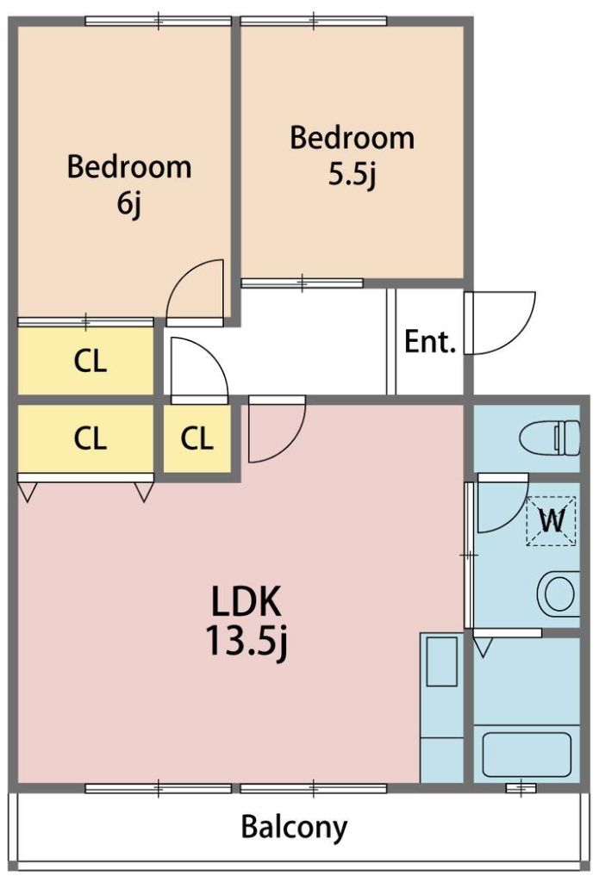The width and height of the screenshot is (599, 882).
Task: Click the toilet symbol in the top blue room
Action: (550, 438)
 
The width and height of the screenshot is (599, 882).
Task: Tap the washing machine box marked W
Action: (551, 521)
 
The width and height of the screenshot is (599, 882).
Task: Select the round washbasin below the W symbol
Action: (558, 593)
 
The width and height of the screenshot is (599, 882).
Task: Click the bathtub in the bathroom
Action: (527, 755)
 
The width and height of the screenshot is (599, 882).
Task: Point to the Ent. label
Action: (430, 341)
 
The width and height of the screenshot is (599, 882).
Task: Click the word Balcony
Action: (294, 828)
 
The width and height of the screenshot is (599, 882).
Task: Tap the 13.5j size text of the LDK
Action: (246, 641)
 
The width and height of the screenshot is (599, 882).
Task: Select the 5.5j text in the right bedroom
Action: (353, 174)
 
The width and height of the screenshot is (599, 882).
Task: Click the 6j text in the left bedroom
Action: (129, 203)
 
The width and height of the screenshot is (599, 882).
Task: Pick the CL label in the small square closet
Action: (197, 438)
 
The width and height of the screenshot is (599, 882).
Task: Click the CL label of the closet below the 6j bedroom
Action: (90, 361)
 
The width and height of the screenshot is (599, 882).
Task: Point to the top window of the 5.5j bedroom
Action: (314, 22)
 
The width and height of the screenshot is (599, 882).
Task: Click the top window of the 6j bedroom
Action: (159, 22)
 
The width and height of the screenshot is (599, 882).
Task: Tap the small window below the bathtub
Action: (521, 787)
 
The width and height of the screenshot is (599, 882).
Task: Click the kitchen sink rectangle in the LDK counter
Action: (441, 661)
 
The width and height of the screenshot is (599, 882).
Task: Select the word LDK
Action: (246, 601)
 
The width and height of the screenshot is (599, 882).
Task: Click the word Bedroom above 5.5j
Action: (353, 138)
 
